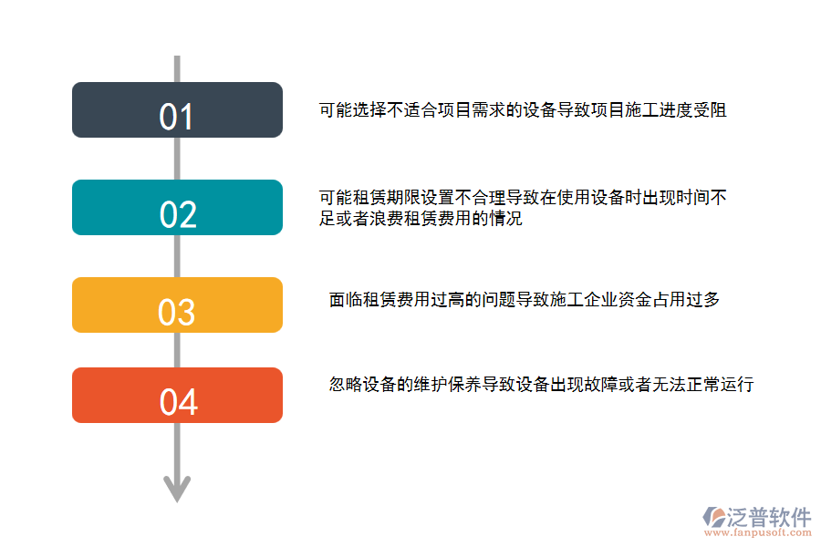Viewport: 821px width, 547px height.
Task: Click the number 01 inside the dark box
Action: point(177,118)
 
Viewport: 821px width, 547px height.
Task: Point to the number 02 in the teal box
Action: point(178,215)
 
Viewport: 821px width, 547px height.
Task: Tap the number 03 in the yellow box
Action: point(177,313)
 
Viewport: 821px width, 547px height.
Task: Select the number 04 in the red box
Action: point(178,402)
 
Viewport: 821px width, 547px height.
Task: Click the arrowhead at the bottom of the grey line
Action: point(176,489)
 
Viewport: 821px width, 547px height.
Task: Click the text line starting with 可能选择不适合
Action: point(522,110)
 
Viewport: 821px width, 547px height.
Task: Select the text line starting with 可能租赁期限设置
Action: point(522,197)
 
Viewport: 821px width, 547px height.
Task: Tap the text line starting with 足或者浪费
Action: point(421,219)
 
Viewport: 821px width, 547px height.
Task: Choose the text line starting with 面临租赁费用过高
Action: point(525,299)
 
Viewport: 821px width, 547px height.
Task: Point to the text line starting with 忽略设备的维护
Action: point(541,385)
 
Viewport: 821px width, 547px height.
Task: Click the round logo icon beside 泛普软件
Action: point(712,518)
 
